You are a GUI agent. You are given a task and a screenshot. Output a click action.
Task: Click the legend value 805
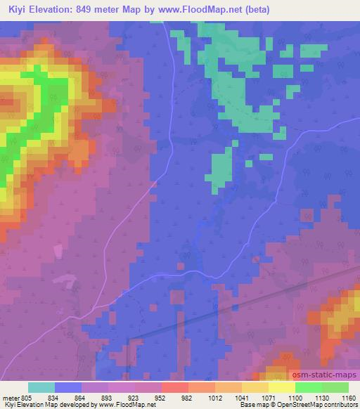pos(26,397)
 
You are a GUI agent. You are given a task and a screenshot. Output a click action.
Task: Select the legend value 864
pos(81,397)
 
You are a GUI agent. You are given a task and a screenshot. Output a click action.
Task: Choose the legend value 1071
pos(266,397)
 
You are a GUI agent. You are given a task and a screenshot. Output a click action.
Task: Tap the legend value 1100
pos(294,397)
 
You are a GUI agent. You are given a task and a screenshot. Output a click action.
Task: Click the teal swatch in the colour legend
pos(41,387)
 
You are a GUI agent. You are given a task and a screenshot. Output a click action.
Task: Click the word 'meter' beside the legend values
pos(9,397)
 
